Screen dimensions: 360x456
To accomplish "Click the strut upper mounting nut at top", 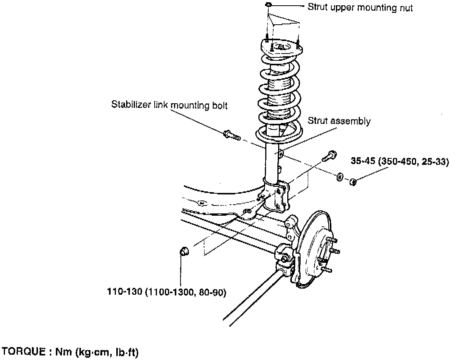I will pos(268,4).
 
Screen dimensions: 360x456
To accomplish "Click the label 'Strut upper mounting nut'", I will pos(359,7).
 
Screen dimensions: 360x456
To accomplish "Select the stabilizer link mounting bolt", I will pos(230,134).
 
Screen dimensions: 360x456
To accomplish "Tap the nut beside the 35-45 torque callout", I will pos(353,182).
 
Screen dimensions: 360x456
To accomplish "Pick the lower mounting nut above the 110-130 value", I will pos(184,251).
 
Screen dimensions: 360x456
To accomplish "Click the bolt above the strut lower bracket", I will pos(329,155).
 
